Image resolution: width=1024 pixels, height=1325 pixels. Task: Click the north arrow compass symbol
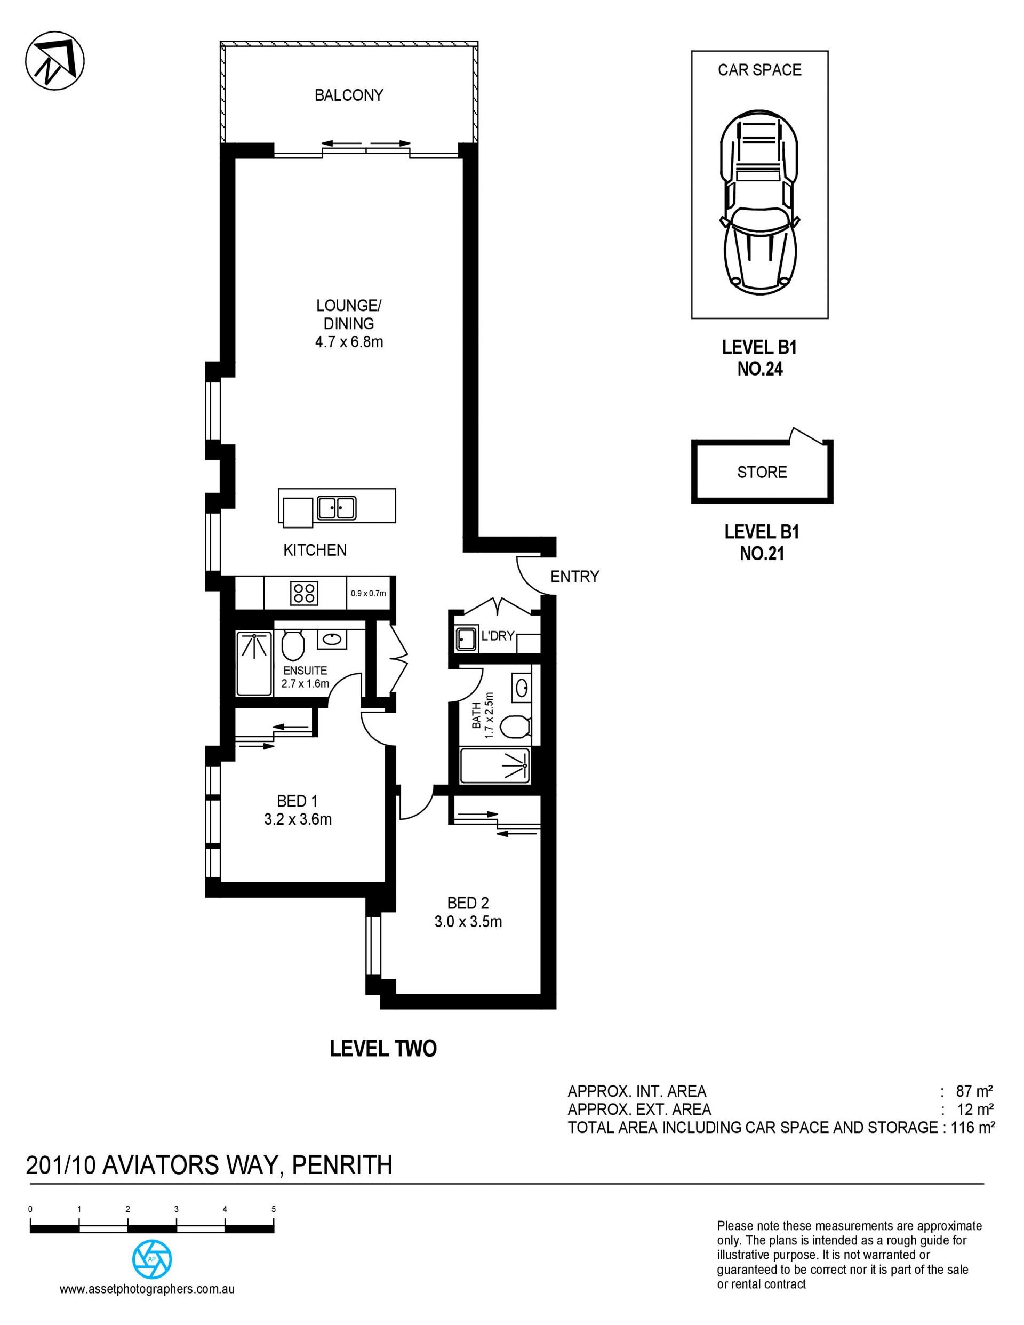tap(54, 61)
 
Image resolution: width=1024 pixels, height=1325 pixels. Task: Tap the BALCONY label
tap(349, 95)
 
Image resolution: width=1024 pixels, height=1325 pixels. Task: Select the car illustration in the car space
tap(758, 202)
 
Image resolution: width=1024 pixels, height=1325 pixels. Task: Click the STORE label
tap(762, 472)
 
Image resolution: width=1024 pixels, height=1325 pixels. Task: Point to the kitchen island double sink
tap(337, 508)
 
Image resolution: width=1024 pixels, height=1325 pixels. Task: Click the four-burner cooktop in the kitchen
tap(304, 593)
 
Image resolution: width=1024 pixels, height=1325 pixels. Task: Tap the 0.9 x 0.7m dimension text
tap(368, 593)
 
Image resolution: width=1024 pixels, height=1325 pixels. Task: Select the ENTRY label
tap(574, 576)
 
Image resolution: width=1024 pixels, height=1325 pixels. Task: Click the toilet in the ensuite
tap(293, 645)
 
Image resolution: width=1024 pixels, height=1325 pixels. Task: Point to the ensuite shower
tap(254, 663)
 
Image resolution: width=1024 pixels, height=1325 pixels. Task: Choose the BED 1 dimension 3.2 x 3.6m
tap(298, 820)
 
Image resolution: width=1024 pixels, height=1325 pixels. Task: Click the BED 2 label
tap(468, 904)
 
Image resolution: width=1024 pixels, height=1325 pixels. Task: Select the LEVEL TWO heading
tap(383, 1049)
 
